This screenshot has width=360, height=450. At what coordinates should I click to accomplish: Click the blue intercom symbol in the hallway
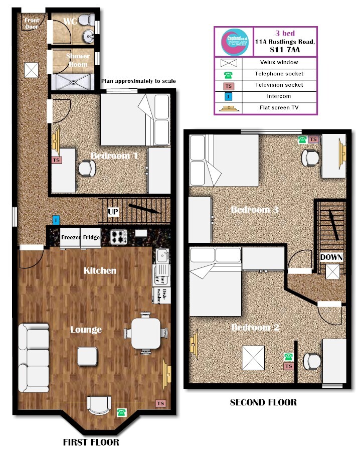[x=56, y=220]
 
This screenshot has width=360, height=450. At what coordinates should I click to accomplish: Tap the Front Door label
[x=32, y=24]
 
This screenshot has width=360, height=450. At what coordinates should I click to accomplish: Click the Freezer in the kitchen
[x=70, y=238]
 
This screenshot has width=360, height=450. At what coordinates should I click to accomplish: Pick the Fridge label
[x=91, y=238]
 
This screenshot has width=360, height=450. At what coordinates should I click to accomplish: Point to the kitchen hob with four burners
[x=118, y=237]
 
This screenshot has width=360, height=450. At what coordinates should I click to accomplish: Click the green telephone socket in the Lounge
[x=121, y=412]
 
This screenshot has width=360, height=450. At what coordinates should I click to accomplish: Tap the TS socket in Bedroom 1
[x=56, y=160]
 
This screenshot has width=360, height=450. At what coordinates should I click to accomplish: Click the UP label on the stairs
[x=113, y=212]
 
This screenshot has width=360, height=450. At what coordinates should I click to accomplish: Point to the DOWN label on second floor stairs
[x=331, y=257]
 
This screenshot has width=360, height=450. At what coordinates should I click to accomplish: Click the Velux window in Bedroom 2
[x=253, y=358]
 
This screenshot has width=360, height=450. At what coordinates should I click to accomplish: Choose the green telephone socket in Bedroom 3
[x=302, y=140]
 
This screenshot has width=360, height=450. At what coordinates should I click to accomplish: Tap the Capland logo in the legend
[x=234, y=42]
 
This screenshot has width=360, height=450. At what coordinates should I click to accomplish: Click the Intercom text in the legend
[x=279, y=96]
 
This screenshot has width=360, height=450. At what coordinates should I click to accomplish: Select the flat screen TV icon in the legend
[x=229, y=107]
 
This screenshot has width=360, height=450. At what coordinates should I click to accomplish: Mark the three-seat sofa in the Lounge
[x=34, y=358]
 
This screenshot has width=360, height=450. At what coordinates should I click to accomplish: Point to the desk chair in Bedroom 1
[x=87, y=168]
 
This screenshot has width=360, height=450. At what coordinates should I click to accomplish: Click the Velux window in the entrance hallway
[x=32, y=70]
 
